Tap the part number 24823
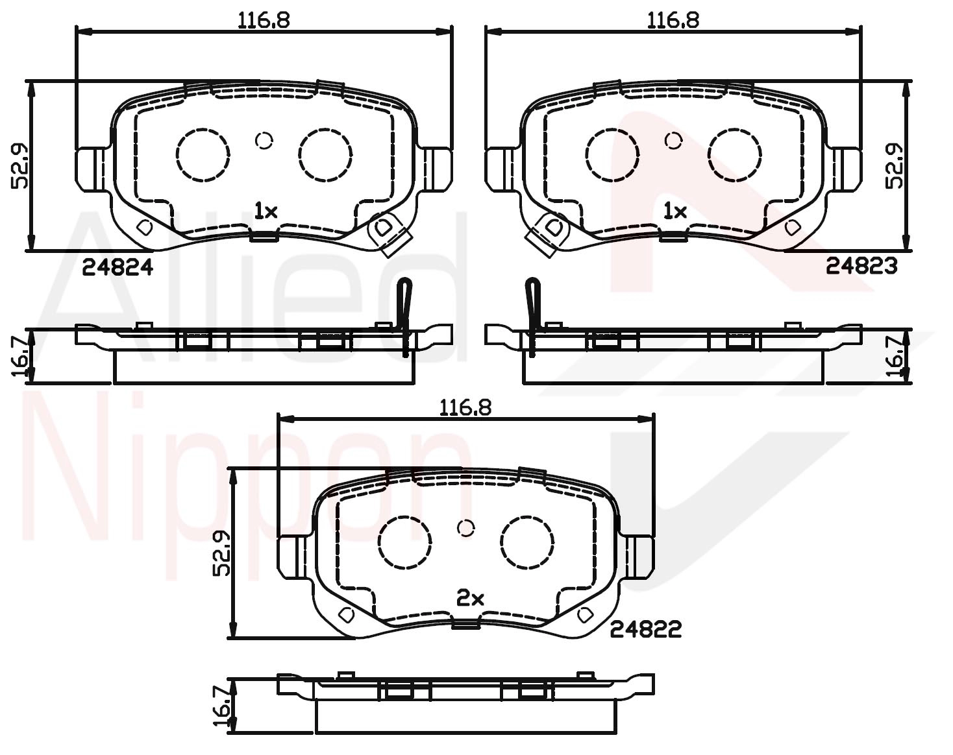click(861, 266)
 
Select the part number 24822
click(646, 629)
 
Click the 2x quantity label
click(470, 599)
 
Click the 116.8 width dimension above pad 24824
click(264, 20)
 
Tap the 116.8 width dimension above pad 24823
click(673, 20)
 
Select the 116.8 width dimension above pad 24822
click(465, 407)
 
